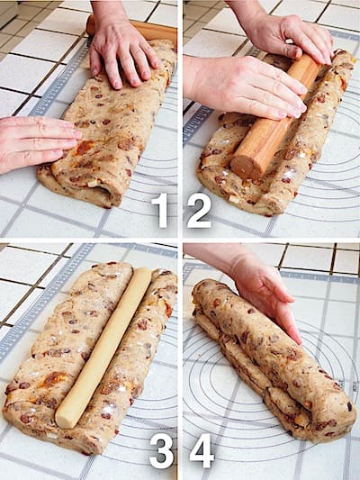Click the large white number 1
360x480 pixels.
161,210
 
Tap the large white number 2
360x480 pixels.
200,211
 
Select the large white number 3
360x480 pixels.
162,450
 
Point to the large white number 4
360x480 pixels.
202,450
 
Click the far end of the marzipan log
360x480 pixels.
143,273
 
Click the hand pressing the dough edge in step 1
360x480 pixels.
37,141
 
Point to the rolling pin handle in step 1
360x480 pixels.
92,24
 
